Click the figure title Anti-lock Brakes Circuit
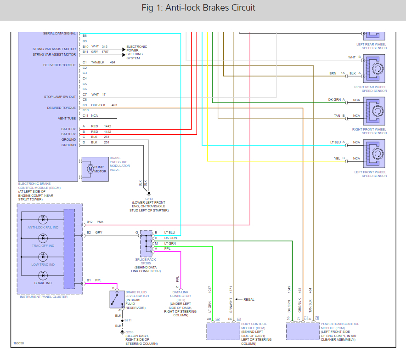tap(203, 8)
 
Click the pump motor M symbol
tap(90, 169)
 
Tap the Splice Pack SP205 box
tap(147, 244)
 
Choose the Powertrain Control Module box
tap(303, 330)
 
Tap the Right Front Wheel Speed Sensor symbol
tap(376, 110)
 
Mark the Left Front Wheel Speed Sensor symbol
tap(376, 153)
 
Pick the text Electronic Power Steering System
tap(136, 52)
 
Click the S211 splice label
tap(128, 320)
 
